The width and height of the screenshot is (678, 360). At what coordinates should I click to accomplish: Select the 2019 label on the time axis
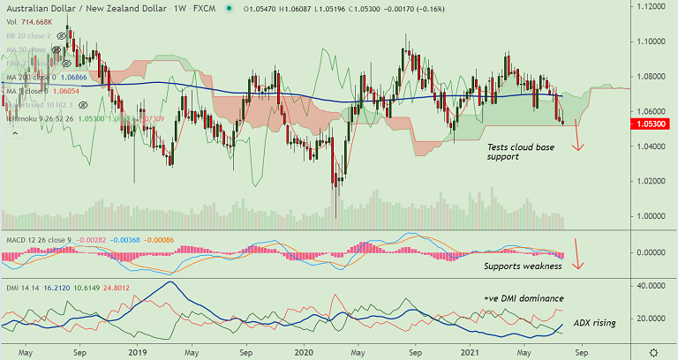[x=138, y=350]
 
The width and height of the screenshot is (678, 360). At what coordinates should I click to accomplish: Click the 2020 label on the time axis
[x=304, y=350]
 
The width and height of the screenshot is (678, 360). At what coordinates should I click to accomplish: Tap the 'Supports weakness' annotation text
[x=523, y=266]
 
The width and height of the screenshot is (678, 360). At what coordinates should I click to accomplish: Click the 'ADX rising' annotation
[x=594, y=324]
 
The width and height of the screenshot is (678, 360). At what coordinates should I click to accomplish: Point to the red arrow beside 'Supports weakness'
[x=578, y=253]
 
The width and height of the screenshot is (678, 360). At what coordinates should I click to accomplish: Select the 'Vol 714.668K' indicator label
[x=30, y=22]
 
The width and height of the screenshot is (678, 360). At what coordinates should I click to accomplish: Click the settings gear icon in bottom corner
[x=652, y=350]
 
